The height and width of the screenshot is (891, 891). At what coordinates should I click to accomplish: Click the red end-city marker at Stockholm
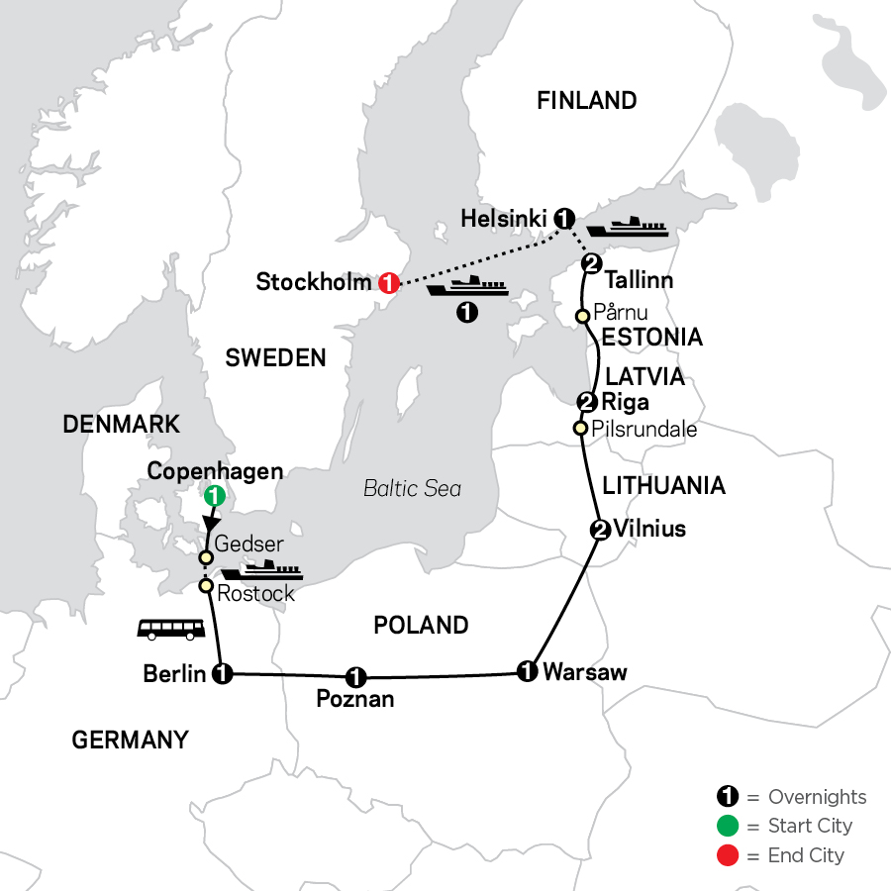point(388,283)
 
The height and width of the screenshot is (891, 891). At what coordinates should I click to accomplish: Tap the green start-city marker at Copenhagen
point(212,497)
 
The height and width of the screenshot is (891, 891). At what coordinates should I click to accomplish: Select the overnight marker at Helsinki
point(564,217)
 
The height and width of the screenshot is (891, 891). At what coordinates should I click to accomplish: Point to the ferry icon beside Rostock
point(260,573)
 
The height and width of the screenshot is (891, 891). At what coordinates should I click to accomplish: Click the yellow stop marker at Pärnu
point(583,315)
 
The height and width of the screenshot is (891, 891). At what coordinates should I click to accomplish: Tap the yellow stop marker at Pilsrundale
point(581,429)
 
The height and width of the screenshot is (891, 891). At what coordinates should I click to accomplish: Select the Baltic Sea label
point(412,488)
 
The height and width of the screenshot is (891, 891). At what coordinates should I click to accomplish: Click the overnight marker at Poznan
point(355,678)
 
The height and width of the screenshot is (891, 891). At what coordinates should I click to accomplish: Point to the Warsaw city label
point(585,673)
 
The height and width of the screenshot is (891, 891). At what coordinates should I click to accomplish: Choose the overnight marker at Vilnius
point(598,529)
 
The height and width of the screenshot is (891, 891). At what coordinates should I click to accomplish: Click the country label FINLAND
point(586,100)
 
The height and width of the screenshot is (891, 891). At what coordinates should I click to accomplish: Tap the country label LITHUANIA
point(663,485)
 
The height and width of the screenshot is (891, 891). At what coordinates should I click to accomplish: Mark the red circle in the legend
point(728,855)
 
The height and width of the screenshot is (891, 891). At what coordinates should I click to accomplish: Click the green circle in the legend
point(728,826)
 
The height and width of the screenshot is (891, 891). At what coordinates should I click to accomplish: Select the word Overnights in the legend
point(817,797)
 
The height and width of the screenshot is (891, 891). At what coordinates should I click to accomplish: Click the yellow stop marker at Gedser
point(206,557)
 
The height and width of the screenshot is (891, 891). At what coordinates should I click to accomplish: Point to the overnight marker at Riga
point(586,402)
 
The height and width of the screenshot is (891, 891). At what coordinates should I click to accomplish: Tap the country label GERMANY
point(130,740)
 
